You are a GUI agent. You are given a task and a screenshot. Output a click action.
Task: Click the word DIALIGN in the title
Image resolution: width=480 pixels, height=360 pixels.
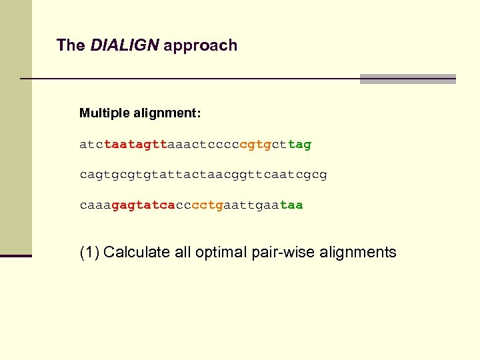point(125,45)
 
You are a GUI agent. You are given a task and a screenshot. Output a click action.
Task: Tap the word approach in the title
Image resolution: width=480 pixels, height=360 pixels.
point(200,45)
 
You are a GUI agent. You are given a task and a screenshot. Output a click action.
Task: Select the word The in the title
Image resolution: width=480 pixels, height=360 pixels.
point(71,45)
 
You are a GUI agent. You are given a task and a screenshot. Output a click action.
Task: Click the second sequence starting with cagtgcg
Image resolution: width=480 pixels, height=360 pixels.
point(203,175)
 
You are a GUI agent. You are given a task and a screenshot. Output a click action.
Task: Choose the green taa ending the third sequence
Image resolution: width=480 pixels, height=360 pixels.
point(291,205)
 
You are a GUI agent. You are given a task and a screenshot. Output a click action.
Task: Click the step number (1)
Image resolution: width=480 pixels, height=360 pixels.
point(89,253)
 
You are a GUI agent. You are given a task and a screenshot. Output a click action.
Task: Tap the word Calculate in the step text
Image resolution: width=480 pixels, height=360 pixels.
point(135,253)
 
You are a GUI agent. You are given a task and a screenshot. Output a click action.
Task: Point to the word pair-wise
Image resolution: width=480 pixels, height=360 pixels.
point(281,253)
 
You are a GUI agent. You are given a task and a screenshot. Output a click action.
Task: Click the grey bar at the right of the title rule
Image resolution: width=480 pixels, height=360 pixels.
point(407,79)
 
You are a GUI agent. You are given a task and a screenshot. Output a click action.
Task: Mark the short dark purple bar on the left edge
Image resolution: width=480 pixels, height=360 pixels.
point(16,255)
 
